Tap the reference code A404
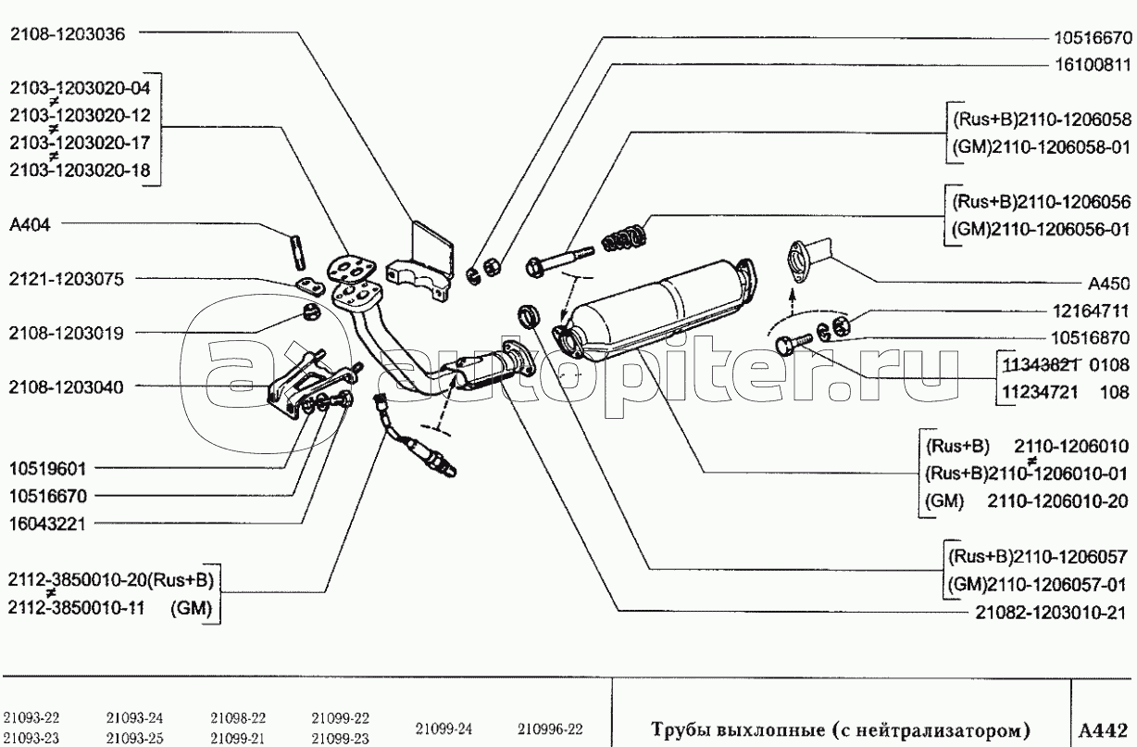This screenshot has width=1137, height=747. [30, 224]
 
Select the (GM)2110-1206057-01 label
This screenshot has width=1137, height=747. [1037, 585]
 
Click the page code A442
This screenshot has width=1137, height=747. [1104, 729]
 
